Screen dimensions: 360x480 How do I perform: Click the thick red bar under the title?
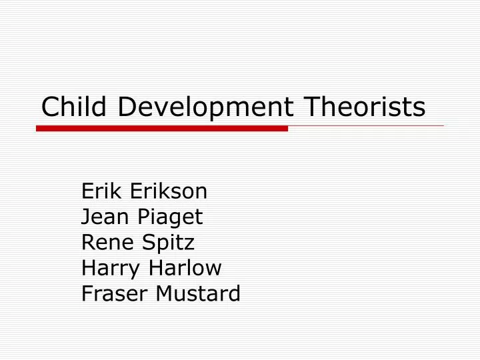point(162,128)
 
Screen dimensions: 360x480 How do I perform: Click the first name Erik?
point(102,191)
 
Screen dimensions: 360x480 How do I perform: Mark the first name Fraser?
point(112,293)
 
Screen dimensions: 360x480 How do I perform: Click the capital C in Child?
point(49,107)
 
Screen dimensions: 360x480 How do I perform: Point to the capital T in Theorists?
point(311,107)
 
